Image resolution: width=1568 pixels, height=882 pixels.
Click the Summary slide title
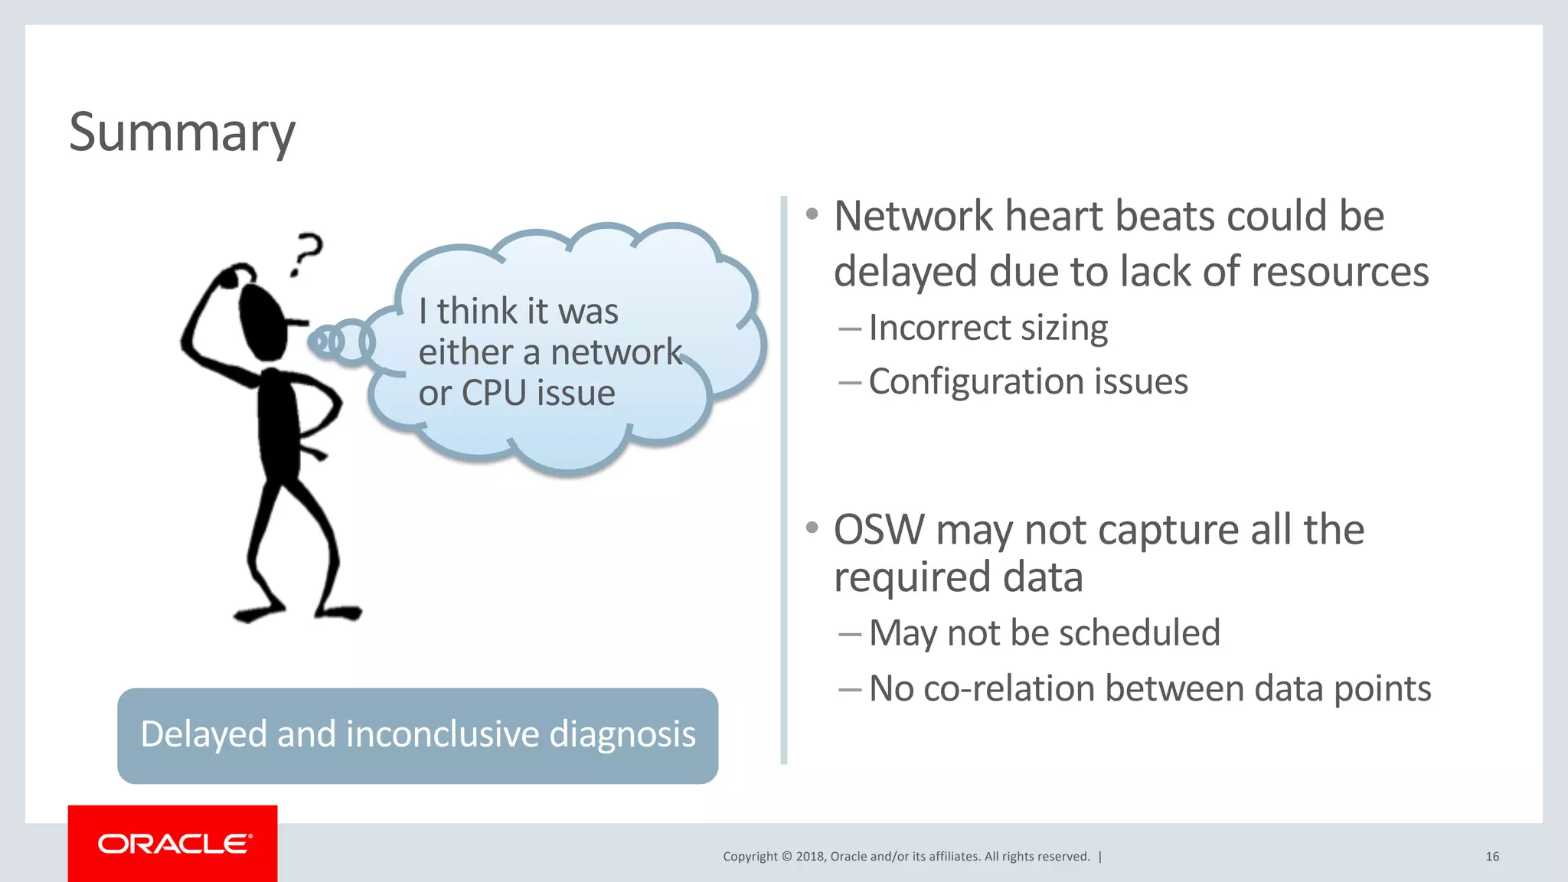point(182,132)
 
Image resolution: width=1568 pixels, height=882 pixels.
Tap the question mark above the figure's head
point(307,253)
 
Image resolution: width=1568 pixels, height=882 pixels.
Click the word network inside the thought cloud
point(616,352)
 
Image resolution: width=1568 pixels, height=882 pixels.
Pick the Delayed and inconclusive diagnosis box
point(417,735)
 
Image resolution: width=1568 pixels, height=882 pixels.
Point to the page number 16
point(1491,857)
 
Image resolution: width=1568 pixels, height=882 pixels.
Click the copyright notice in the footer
point(906,857)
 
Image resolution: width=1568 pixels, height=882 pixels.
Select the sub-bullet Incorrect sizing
point(988,328)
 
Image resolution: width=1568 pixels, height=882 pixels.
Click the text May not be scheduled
point(1044,633)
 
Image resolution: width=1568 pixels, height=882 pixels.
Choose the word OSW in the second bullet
point(879,530)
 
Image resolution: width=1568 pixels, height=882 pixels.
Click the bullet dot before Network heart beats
point(812,214)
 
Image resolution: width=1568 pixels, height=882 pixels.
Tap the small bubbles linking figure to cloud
point(341,341)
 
